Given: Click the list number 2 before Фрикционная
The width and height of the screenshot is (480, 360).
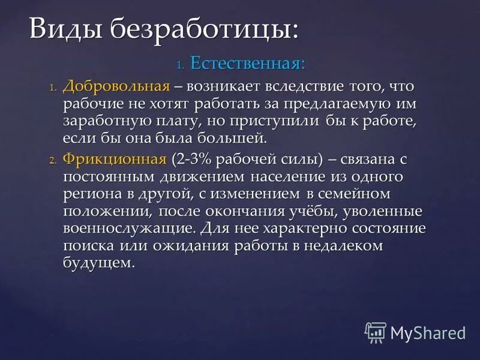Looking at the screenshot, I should [52, 160].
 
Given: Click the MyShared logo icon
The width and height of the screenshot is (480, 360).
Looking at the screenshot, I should [376, 332].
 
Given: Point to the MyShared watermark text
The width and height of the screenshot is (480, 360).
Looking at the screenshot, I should [428, 332].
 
